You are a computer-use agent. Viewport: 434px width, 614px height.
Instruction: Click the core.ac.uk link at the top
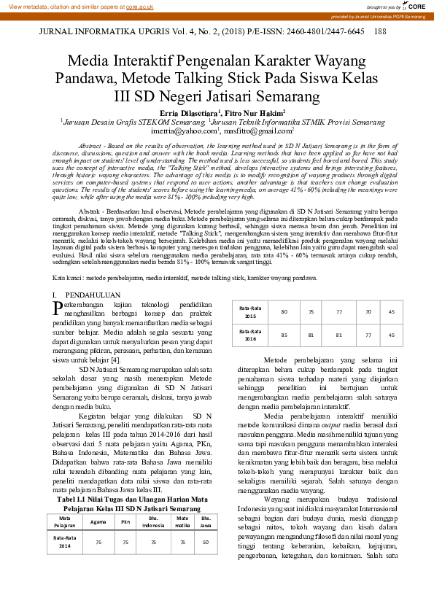point(141,6)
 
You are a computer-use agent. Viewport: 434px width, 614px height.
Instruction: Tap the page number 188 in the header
point(379,32)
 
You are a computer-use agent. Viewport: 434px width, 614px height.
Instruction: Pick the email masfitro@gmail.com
point(258,132)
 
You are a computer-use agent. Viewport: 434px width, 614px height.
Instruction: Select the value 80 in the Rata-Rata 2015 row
point(284,311)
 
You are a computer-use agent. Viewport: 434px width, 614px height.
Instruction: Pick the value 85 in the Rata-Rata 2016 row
point(284,335)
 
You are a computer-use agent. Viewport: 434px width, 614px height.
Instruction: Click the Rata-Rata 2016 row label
point(250,335)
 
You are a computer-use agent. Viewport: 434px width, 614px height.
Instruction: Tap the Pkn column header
point(125,521)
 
